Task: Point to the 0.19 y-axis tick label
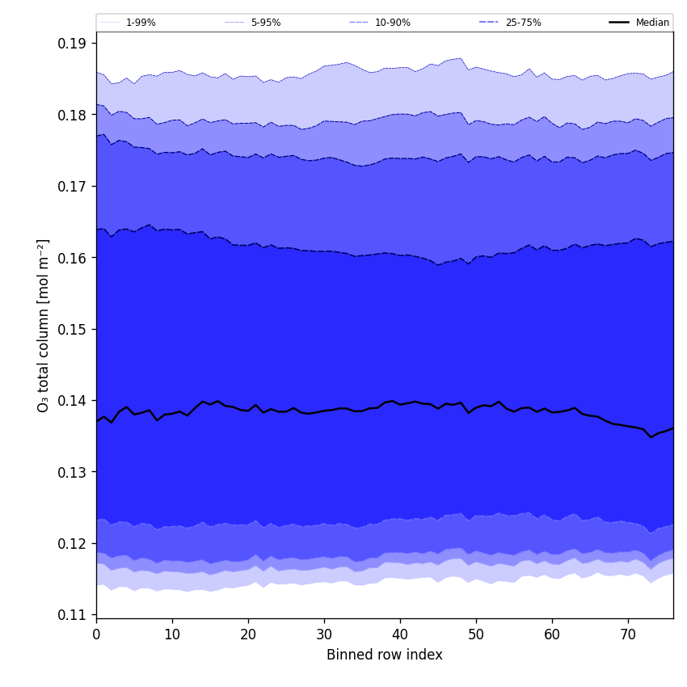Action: click(x=73, y=44)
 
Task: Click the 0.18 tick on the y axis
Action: click(x=73, y=115)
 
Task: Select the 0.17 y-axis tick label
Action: click(x=73, y=186)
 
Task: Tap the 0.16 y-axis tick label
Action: click(x=73, y=258)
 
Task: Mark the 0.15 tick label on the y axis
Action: click(x=73, y=329)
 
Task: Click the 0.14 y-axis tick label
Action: click(x=73, y=400)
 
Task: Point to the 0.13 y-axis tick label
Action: click(x=73, y=472)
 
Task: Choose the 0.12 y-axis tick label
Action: click(x=73, y=543)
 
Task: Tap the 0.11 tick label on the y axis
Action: click(x=73, y=614)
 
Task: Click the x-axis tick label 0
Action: click(x=96, y=634)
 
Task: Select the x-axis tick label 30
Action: click(x=324, y=634)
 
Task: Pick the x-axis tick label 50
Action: click(x=476, y=634)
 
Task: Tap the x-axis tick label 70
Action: click(x=628, y=634)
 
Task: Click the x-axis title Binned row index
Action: click(x=385, y=655)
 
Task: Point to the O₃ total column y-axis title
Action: click(x=44, y=325)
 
